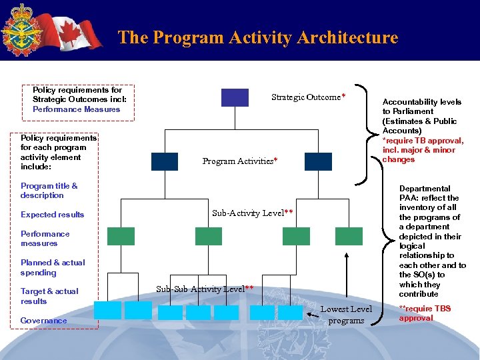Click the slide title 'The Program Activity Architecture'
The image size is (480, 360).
click(257, 37)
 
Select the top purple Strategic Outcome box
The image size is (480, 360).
click(235, 97)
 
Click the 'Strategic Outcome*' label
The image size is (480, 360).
click(308, 97)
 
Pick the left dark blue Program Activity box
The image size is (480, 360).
click(165, 161)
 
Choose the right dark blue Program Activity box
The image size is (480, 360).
click(318, 161)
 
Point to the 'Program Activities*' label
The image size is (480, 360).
click(240, 161)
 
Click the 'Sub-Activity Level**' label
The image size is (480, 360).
click(253, 213)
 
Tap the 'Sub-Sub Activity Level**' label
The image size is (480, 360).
click(205, 289)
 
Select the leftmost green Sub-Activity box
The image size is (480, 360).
click(121, 236)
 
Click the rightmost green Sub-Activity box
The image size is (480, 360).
click(349, 236)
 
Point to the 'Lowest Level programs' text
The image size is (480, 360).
click(346, 315)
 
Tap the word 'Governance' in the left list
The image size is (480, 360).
click(44, 321)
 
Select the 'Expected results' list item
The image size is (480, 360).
click(53, 215)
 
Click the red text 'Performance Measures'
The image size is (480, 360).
click(76, 109)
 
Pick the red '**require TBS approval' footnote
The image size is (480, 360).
click(425, 313)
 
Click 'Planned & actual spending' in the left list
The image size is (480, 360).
click(53, 267)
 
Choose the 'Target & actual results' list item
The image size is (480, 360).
click(49, 296)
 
